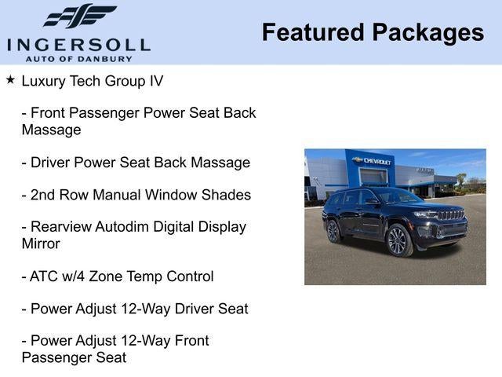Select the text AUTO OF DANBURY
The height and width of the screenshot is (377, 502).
click(78, 58)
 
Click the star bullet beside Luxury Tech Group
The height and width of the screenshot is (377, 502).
click(10, 80)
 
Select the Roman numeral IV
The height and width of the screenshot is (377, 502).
click(155, 81)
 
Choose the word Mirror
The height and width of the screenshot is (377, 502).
click(42, 243)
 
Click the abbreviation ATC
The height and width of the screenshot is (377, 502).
click(45, 276)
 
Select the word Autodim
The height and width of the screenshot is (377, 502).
click(125, 227)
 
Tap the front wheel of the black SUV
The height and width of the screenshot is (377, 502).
click(398, 240)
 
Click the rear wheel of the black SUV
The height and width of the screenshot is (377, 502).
click(333, 231)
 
